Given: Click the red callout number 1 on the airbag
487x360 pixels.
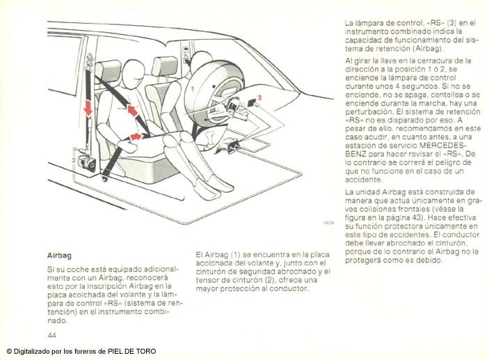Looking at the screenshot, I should (191, 90).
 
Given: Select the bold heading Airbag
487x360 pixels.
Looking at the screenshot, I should (59, 256).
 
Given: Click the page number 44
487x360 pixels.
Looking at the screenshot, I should (51, 335).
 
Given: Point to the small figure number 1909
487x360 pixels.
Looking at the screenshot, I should (328, 224).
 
